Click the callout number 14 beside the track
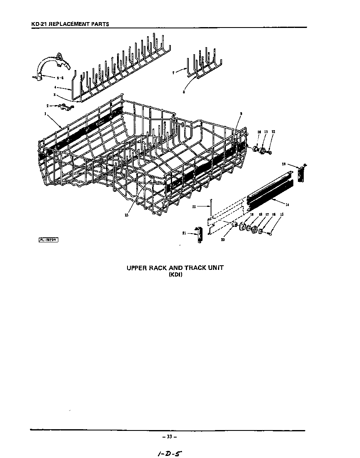[287, 204]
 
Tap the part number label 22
[194, 206]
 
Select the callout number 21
[184, 233]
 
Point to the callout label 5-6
[60, 78]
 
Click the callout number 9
[241, 113]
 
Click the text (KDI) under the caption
[175, 275]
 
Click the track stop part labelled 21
[198, 234]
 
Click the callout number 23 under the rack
[126, 215]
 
